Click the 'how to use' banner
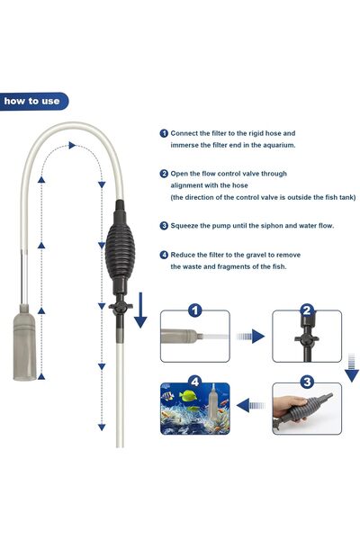pos(33,101)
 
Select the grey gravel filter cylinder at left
pos(26,345)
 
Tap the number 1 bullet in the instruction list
pos(164,131)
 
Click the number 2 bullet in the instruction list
pos(164,173)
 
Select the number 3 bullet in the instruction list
pos(164,225)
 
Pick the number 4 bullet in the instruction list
pos(164,255)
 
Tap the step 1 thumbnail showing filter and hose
pos(194,337)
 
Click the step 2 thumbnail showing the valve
pos(307,337)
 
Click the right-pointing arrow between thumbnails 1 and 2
pos(252,337)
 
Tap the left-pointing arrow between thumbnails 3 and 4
pos(252,406)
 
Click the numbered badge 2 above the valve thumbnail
pos(307,310)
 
